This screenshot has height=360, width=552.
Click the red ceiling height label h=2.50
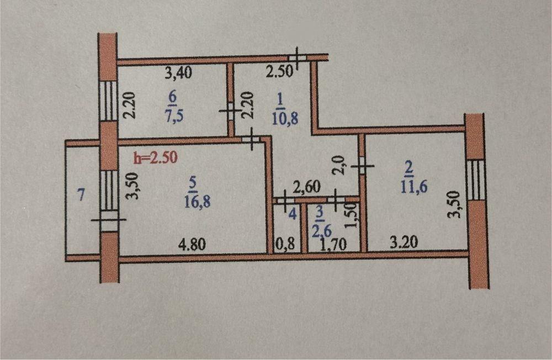tap(155, 158)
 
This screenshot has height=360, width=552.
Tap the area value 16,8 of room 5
tap(197, 202)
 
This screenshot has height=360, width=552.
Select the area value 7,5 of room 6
tap(174, 117)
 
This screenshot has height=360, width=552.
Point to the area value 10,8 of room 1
tap(285, 119)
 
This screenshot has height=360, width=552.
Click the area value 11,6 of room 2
tap(414, 187)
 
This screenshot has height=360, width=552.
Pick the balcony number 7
tap(81, 195)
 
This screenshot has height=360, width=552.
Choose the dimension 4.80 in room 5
tap(192, 244)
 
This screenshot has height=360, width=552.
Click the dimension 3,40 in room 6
tap(179, 73)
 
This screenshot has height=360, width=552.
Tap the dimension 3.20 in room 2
tap(404, 242)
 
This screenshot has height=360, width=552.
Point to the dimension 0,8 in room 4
tap(285, 245)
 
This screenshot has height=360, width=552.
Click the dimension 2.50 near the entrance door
tap(279, 72)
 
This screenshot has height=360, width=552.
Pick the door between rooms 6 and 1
tap(230, 112)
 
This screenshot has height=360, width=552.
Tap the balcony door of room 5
tap(109, 221)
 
